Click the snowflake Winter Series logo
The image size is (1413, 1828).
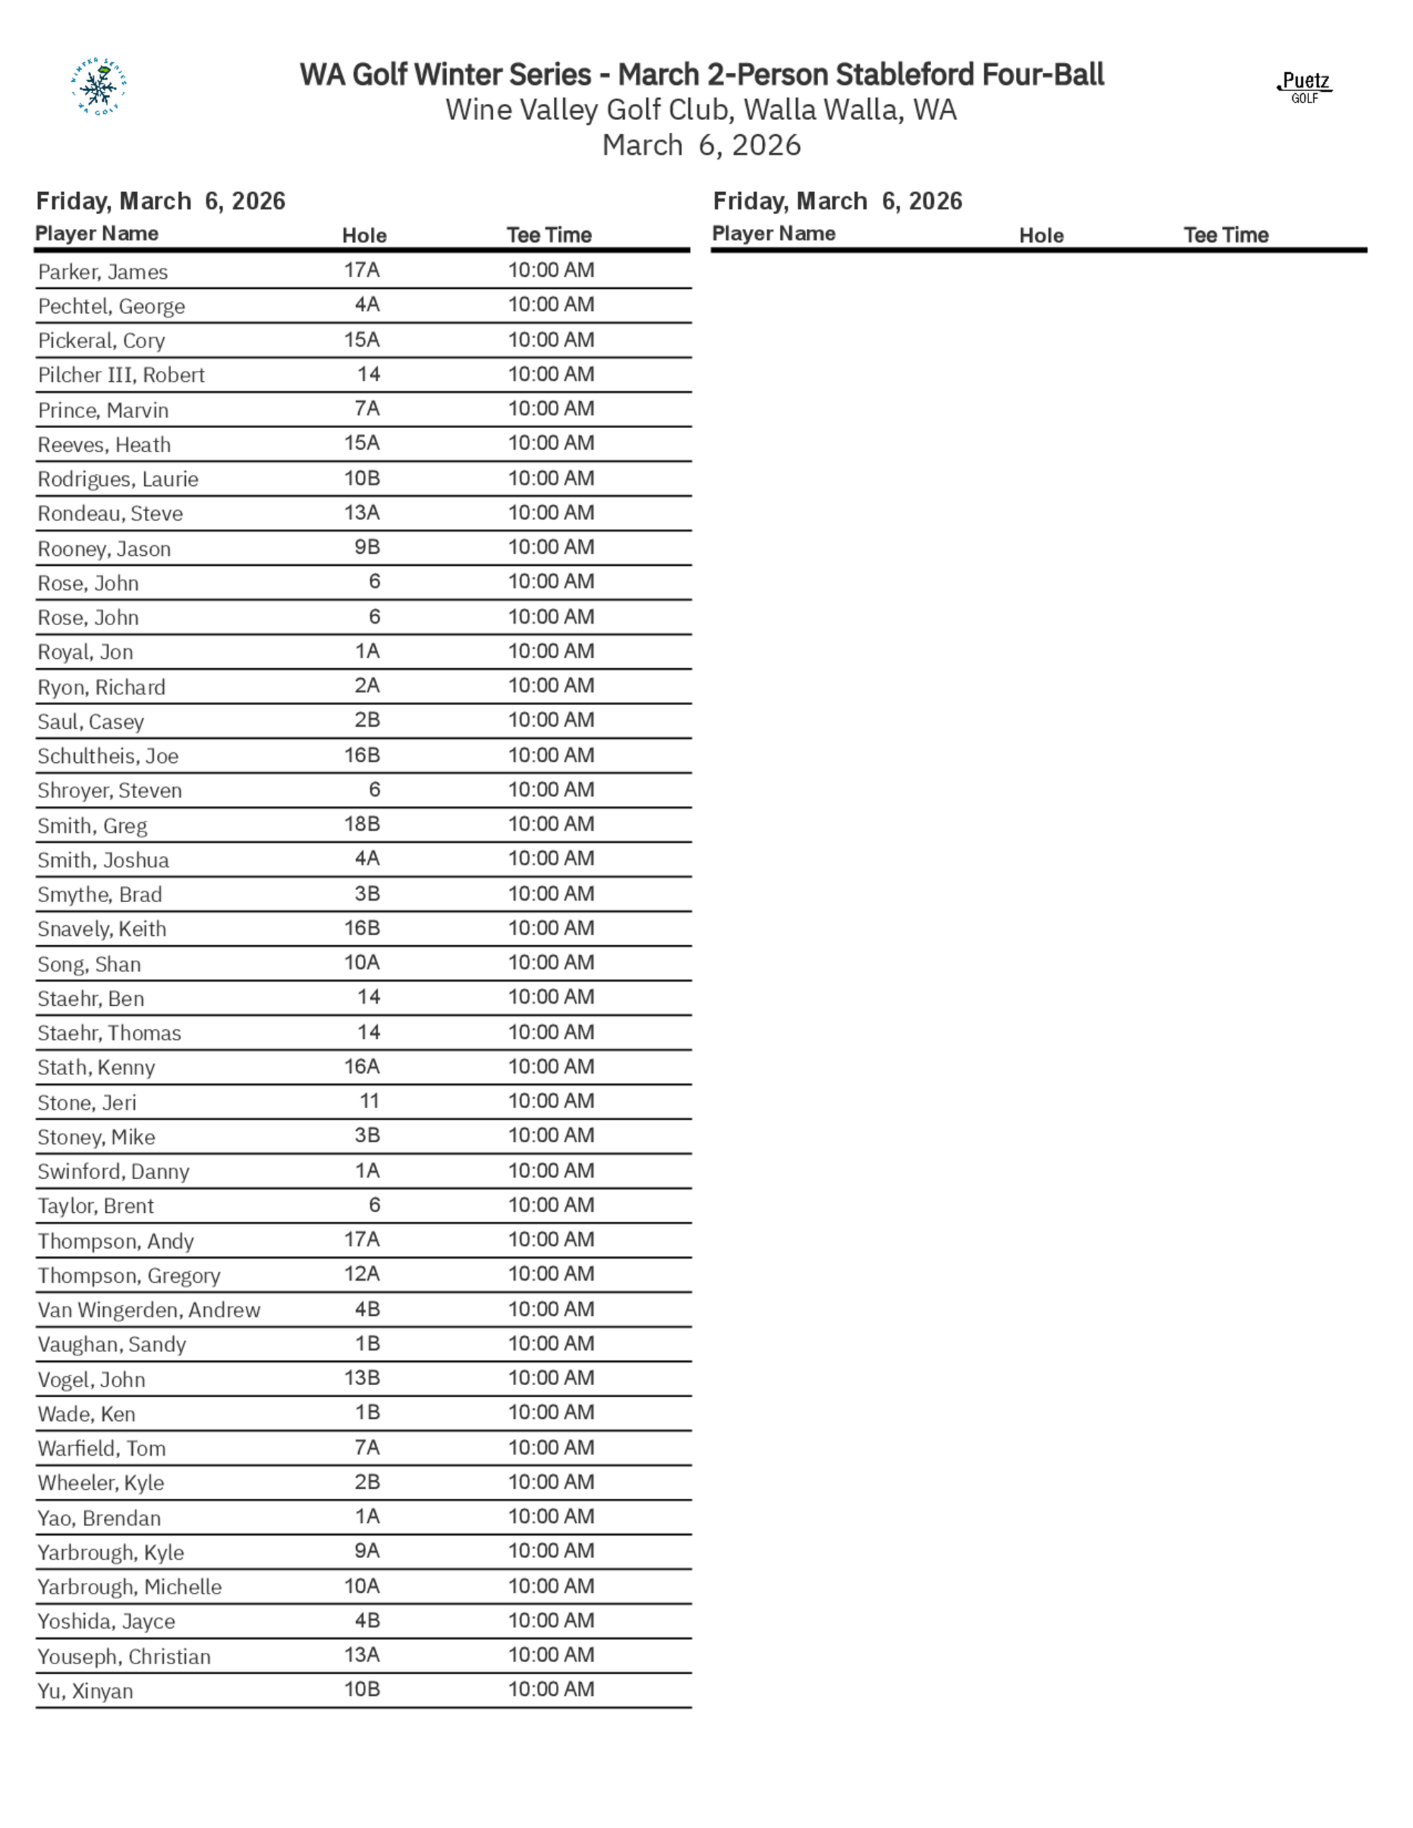(x=98, y=86)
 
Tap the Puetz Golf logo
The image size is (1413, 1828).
(x=1305, y=87)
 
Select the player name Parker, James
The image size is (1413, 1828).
(x=103, y=272)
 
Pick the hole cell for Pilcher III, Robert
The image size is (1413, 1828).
(x=368, y=374)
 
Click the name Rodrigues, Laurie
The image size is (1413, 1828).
(x=118, y=479)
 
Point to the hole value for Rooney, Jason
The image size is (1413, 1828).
(x=367, y=547)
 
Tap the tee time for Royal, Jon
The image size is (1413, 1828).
(x=551, y=651)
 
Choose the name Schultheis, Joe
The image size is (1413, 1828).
(x=108, y=756)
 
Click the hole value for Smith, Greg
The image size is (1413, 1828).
(x=362, y=824)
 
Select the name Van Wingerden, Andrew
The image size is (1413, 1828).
(x=149, y=1310)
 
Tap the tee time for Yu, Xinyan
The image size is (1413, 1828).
(x=551, y=1689)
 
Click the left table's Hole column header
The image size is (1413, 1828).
(x=364, y=235)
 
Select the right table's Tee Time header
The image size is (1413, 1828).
(x=1226, y=235)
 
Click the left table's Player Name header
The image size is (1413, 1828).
(x=97, y=234)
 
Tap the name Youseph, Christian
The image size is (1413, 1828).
(x=124, y=1656)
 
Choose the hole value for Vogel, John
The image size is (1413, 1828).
(x=362, y=1377)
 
